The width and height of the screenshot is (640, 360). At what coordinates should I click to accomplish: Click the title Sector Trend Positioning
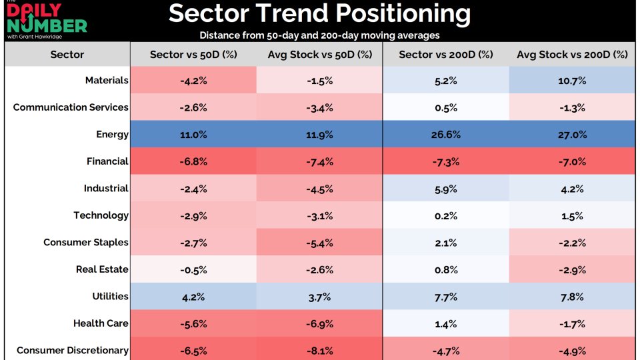[319, 14]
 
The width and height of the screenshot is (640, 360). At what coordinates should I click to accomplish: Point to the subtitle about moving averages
[319, 35]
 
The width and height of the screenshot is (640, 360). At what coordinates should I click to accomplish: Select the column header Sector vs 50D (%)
[193, 55]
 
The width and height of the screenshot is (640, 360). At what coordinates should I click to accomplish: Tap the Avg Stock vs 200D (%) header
[573, 55]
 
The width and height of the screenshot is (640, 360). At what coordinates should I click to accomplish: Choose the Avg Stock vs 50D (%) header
[319, 55]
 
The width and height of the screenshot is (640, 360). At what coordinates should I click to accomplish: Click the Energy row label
[112, 135]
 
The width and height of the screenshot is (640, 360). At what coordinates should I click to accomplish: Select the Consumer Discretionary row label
[73, 350]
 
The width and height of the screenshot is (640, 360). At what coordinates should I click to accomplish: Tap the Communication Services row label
[71, 107]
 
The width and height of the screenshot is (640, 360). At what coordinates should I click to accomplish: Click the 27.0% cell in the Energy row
[573, 135]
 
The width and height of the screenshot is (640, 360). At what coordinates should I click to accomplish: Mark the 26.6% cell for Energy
[446, 135]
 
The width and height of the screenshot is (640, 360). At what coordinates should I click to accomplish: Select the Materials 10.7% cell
[573, 81]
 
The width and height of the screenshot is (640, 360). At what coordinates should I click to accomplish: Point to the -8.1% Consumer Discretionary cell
[319, 350]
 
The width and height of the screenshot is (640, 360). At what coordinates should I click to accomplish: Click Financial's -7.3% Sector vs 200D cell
[446, 161]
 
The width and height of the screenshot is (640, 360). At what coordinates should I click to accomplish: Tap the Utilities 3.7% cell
[319, 296]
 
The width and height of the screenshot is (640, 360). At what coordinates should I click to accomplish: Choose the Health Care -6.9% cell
[319, 323]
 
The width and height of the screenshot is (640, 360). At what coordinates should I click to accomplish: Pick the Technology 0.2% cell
[446, 215]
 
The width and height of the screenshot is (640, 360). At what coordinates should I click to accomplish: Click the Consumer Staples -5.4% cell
[319, 243]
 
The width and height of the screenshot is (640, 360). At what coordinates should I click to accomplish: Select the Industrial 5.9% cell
[446, 189]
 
